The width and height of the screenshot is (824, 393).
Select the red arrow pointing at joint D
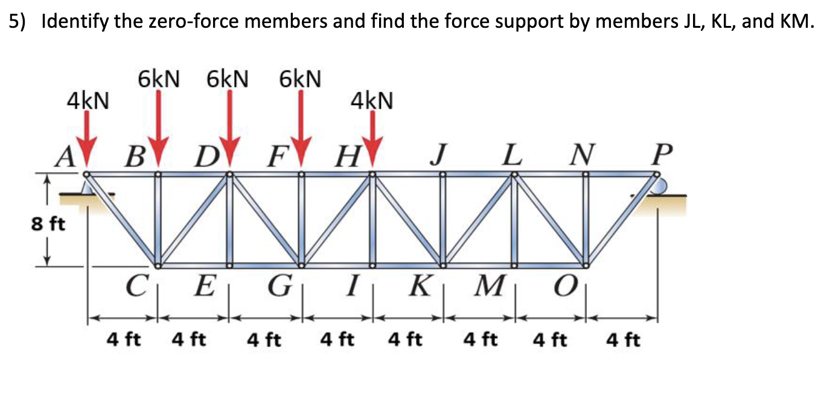[x=229, y=130]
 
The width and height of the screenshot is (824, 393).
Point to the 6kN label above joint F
[x=300, y=79]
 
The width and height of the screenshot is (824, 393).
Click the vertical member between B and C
[x=158, y=220]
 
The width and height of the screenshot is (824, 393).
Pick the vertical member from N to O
[x=585, y=220]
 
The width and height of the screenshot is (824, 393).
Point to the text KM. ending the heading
[x=794, y=22]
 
